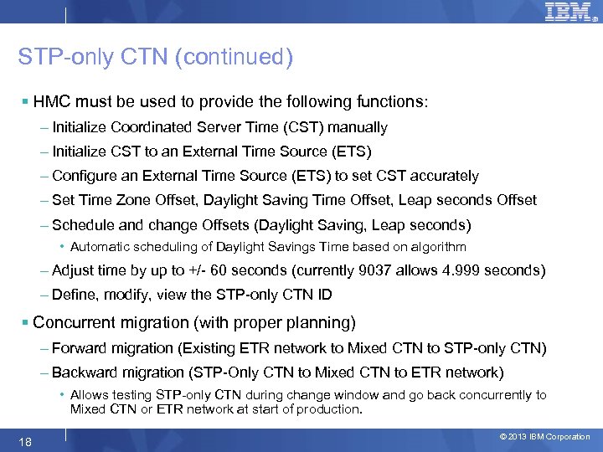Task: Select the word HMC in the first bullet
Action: tap(50, 101)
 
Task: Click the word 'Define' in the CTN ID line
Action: tap(72, 295)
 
